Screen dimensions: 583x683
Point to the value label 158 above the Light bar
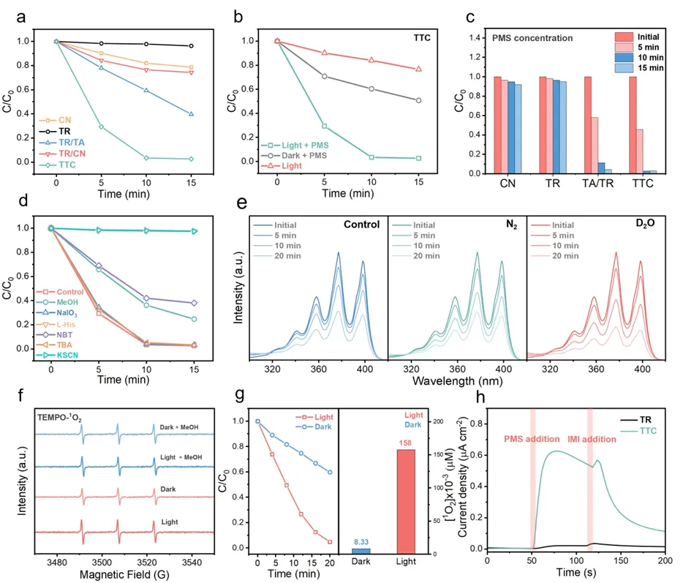pos(406,442)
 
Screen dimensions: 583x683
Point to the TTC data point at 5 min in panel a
pos(102,127)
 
